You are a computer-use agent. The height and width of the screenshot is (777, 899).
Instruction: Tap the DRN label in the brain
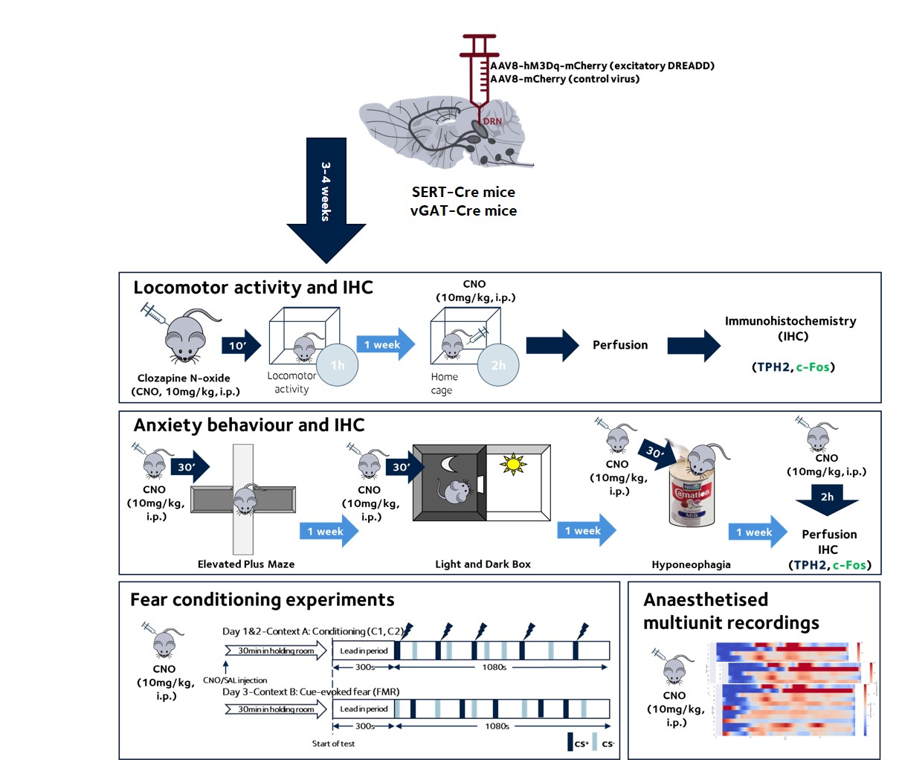pos(492,121)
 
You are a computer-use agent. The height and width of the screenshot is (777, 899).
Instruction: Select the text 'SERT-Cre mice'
pos(463,192)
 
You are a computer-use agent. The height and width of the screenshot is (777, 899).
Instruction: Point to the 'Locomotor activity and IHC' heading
pos(253,288)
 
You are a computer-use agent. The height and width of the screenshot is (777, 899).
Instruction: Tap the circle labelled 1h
pos(338,365)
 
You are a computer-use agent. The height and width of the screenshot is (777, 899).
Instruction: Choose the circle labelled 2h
pos(498,365)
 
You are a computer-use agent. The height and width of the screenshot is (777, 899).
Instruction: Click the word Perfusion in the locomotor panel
pos(620,345)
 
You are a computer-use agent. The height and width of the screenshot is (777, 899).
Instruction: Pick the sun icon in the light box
pos(513,465)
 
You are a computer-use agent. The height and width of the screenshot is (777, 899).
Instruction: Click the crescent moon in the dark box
pos(450,464)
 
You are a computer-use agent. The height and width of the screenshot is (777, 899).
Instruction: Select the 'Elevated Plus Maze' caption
pos(246,564)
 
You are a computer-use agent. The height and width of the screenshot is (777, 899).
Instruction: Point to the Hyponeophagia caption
pos(691,564)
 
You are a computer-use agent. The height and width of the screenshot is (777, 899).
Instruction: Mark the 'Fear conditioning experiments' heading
pos(262,600)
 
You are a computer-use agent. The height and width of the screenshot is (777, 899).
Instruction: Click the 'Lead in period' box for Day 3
pos(364,709)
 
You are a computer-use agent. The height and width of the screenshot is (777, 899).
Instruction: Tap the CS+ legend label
pos(581,744)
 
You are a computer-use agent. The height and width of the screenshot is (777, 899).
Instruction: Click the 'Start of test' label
pos(333,744)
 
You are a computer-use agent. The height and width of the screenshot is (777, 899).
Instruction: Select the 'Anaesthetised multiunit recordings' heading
pos(731,611)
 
